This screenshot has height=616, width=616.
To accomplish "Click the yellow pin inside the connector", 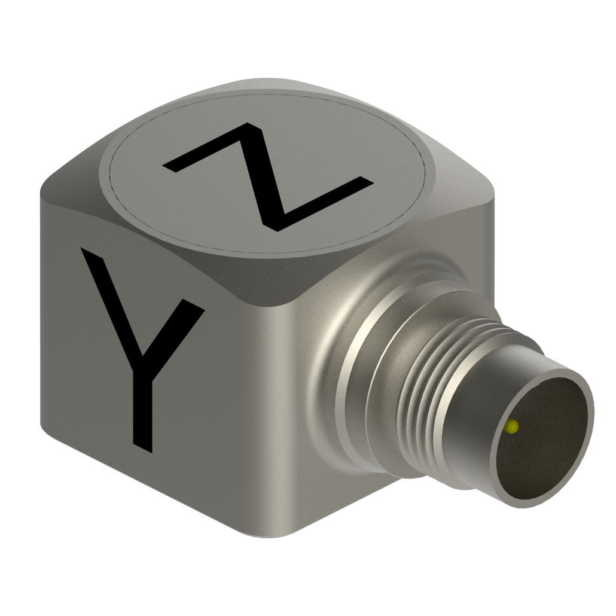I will tap(512, 426).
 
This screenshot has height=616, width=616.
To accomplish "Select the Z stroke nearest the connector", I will tap(323, 203).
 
